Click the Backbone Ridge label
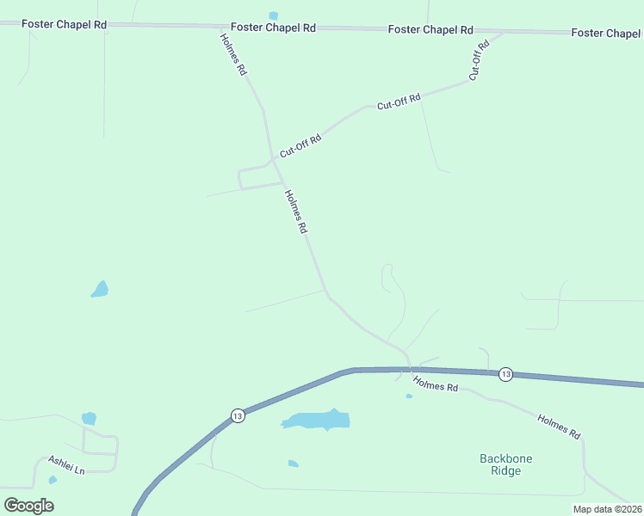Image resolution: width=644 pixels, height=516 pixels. coord(505,464)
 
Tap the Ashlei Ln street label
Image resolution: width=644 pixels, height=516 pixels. coord(67,465)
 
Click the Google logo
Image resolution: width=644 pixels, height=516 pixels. coord(29,505)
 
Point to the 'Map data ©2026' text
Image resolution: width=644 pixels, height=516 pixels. coord(607,509)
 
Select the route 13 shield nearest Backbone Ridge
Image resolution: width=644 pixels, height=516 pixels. coord(505,374)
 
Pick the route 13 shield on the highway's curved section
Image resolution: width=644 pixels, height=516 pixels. coord(238,415)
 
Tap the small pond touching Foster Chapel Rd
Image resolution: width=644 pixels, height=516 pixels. coord(274,15)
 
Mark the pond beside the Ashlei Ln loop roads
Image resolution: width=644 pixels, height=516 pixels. coord(89,418)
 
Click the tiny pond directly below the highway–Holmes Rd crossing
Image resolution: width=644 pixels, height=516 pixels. coord(409,396)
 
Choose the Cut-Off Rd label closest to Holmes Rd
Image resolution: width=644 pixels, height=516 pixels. coord(300,144)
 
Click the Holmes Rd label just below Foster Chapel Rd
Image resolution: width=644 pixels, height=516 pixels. coord(232,55)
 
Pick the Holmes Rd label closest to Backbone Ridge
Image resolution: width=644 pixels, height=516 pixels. coord(558,427)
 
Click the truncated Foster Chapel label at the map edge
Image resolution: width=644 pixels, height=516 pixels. coord(606,33)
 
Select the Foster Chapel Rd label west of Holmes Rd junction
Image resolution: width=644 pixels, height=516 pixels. coord(65,24)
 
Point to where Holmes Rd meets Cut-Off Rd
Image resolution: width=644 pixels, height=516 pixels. coord(274,158)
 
